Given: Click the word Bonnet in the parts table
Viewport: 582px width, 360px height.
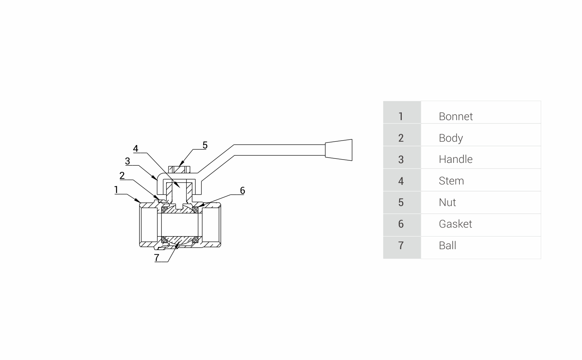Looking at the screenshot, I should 455,116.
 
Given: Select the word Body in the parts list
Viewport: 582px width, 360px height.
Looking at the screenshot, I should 450,138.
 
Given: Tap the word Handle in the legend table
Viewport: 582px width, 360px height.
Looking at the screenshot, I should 455,159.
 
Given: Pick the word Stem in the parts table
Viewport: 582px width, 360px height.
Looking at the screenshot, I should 451,181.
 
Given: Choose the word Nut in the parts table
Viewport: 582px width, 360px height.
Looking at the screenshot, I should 447,202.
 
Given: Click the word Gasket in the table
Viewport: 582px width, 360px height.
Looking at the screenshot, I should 455,224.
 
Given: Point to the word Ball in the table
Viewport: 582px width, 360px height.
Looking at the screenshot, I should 447,245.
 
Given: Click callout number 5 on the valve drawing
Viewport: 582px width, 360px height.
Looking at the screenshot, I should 205,145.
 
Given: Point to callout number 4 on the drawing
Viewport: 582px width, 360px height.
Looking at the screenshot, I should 136,149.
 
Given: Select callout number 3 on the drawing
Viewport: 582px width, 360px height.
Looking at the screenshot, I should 127,161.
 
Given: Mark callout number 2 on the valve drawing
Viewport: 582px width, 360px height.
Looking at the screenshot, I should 122,176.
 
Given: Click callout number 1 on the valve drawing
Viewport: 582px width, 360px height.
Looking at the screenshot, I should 116,190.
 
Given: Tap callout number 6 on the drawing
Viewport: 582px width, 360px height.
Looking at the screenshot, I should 242,190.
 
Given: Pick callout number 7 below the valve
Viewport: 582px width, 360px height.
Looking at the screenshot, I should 156,257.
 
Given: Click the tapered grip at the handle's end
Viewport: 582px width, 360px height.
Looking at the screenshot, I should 339,150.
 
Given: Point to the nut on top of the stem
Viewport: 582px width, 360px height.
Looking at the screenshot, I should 179,170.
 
